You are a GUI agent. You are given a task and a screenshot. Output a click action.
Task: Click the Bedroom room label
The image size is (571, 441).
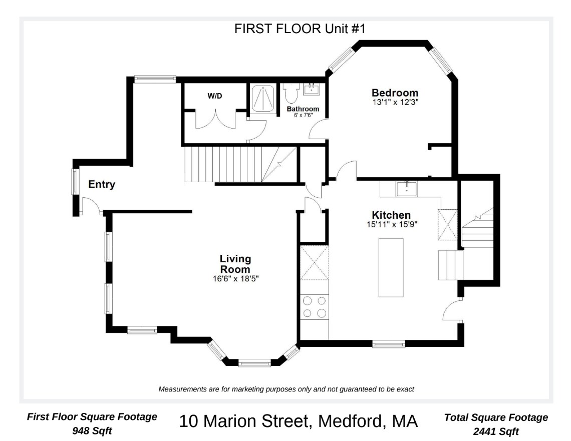395,93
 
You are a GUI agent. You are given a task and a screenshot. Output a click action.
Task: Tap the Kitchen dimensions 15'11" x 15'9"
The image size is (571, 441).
392,224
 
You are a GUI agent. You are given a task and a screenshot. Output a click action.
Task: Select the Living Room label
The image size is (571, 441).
235,264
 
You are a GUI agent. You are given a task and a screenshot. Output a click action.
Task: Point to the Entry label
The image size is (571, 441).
102,184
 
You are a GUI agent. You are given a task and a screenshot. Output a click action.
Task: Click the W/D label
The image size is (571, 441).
215,96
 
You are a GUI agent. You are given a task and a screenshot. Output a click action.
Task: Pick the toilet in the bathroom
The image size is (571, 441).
291,93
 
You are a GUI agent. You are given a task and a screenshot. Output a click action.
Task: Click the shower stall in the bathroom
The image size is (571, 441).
263,98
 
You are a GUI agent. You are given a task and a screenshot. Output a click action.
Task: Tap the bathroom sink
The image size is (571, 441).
312,89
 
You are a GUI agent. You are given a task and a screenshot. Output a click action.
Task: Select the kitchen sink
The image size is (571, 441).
406,189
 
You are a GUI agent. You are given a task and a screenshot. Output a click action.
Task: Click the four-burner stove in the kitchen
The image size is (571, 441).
315,307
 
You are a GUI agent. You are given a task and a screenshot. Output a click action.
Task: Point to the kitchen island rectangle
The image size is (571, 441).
391,267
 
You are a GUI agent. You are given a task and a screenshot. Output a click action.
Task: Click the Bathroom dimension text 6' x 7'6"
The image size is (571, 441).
303,115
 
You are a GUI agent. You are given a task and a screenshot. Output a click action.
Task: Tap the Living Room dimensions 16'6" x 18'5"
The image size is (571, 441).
235,279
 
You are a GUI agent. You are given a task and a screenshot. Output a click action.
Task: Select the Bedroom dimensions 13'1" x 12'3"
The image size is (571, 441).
395,102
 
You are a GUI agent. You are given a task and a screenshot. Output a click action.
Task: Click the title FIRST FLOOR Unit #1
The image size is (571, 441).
300,29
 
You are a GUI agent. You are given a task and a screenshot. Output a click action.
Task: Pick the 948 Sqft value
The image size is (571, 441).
92,431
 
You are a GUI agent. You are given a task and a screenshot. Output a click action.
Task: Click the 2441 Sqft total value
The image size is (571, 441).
496,432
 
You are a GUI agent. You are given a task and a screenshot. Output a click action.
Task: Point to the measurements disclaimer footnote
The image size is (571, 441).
286,389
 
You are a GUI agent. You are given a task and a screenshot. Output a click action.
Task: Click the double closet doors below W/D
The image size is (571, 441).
215,119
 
